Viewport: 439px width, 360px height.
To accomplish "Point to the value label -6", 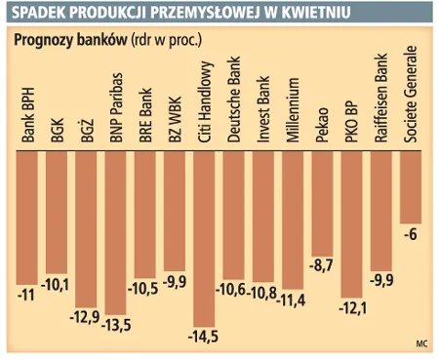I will coord(412,234).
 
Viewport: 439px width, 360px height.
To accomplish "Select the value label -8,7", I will coord(323,264).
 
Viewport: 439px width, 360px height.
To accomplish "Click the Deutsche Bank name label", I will coord(233,105).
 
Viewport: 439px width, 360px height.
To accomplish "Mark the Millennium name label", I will coord(293,113).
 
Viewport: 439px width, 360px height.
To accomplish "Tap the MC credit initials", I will coord(420,343).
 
